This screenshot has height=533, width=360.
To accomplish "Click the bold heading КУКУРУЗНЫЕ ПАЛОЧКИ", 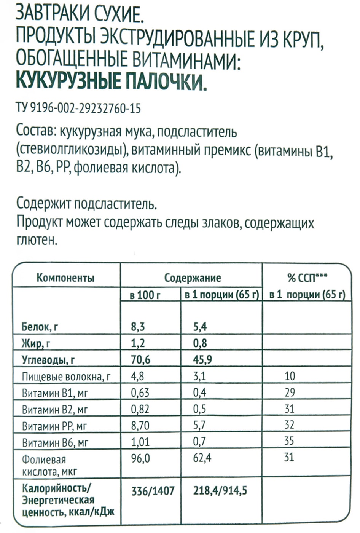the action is [x=112, y=81].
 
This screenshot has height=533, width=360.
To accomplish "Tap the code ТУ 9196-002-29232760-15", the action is [x=78, y=109].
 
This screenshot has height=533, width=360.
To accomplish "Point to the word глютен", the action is [x=37, y=241].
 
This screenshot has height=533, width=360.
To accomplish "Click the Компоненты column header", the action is [x=65, y=278].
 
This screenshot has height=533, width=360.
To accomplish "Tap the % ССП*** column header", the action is [x=307, y=278].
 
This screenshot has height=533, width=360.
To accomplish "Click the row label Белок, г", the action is [x=40, y=327].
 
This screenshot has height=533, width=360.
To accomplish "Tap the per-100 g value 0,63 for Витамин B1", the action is [x=140, y=393].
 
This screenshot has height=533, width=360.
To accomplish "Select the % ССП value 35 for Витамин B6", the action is [x=289, y=441].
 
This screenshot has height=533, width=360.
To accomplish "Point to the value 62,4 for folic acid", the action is [x=202, y=458].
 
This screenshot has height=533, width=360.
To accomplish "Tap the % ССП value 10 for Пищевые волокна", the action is [x=290, y=376].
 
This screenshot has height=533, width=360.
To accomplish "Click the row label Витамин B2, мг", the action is [x=55, y=410].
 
